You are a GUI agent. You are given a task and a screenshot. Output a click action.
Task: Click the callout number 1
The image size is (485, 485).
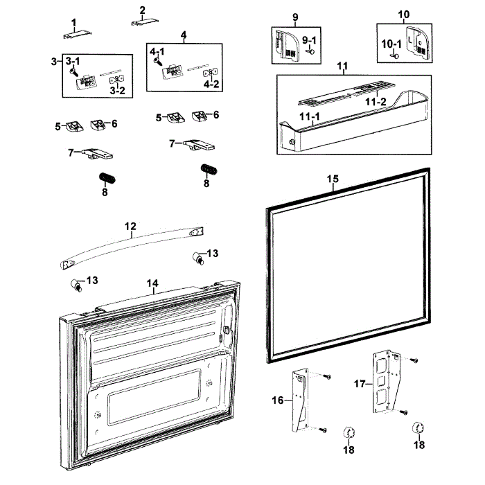click(x=73, y=22)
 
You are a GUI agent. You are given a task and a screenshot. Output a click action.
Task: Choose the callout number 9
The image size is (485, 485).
click(x=294, y=16)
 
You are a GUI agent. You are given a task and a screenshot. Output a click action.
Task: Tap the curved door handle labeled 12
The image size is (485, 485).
click(x=132, y=244)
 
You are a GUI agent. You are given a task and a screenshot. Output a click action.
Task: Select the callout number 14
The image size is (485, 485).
click(x=152, y=283)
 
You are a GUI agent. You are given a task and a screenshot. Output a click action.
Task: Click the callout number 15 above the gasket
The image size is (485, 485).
click(x=333, y=179)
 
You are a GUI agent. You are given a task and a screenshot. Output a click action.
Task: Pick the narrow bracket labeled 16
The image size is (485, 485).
click(x=299, y=400)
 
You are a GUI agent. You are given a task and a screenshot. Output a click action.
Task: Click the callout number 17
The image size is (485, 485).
click(x=359, y=382)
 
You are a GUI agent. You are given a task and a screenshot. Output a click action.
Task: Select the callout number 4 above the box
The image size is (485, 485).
click(x=184, y=35)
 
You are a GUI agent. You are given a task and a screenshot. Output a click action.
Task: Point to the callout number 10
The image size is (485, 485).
click(x=404, y=15)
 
